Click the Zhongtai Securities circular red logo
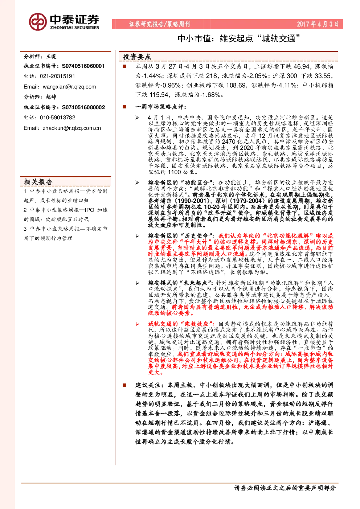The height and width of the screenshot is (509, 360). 38,22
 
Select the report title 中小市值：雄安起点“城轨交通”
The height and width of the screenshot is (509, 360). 239,38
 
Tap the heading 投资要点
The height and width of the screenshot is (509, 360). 137,57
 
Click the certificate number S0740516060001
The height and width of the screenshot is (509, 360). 83,66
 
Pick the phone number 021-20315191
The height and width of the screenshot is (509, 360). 57,76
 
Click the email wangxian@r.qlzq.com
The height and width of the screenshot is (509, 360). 69,87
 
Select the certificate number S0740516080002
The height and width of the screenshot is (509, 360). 83,107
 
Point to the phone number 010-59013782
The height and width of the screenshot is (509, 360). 57,118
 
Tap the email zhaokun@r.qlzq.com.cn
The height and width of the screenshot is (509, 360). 72,128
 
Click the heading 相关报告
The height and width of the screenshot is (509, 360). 38,182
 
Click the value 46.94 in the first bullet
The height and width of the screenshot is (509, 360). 301,66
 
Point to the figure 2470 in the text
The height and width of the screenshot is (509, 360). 228,141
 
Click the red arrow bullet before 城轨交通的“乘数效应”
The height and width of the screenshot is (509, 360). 137,324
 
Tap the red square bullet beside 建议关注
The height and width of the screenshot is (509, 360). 124,385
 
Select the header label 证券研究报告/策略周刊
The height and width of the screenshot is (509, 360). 159,24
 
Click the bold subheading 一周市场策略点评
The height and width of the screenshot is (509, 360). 160,107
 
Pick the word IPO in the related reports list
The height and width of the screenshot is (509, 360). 89,210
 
